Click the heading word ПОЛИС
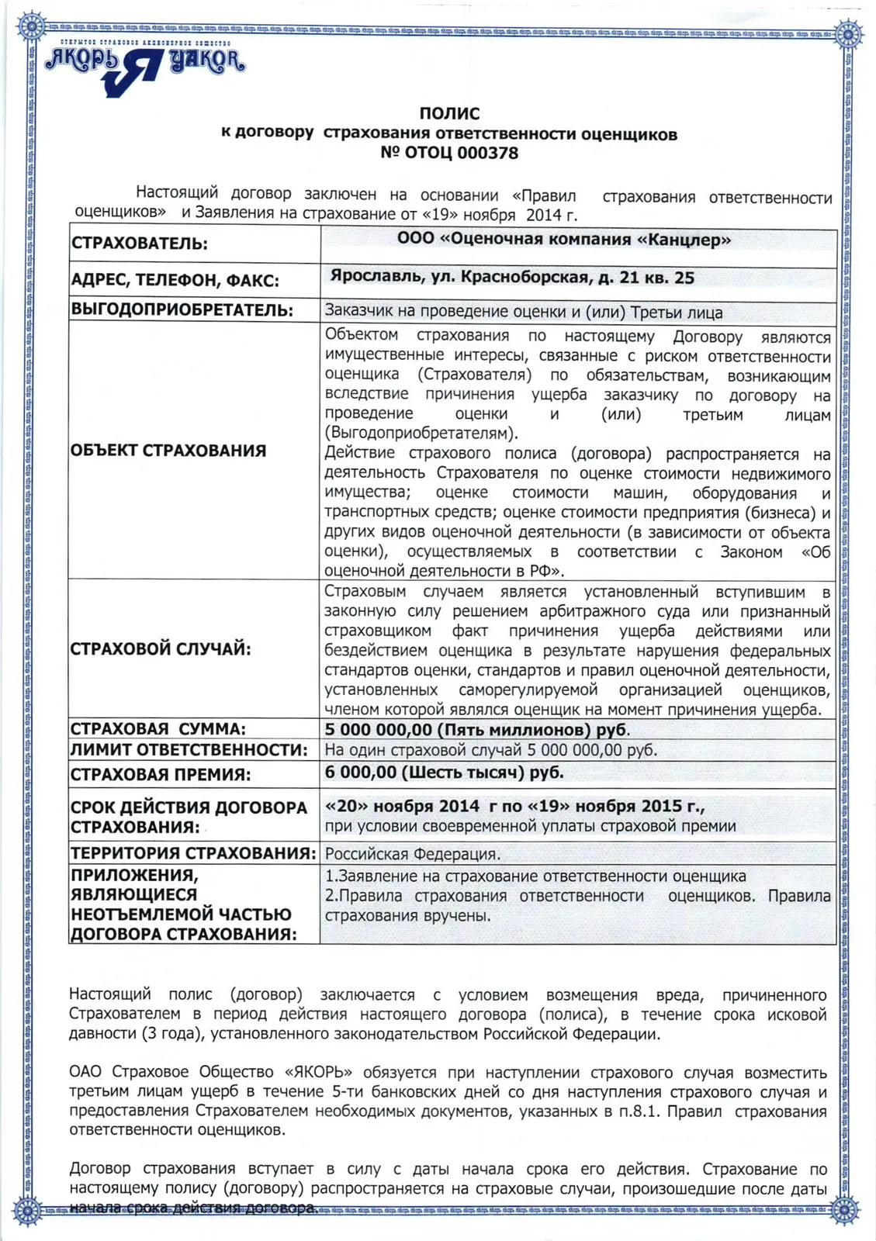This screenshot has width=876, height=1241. (x=449, y=114)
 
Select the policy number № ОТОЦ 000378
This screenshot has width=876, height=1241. (x=449, y=153)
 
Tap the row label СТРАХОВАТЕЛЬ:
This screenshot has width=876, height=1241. (x=140, y=244)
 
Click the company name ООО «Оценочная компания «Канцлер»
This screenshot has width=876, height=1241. (x=564, y=240)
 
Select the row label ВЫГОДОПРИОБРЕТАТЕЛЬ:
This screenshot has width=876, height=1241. (x=182, y=310)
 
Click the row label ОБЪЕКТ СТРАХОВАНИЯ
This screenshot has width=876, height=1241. (x=168, y=451)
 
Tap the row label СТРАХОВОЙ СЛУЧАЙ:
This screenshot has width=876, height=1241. (x=161, y=649)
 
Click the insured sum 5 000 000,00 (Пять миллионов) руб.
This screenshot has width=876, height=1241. (x=477, y=730)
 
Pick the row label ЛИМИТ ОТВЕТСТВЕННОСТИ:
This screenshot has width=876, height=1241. (x=189, y=750)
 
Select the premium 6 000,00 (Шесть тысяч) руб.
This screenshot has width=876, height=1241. (x=445, y=773)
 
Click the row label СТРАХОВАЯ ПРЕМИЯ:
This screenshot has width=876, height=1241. (x=161, y=774)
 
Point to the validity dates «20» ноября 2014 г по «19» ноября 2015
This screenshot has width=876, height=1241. (x=514, y=807)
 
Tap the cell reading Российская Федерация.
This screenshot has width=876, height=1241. (x=412, y=854)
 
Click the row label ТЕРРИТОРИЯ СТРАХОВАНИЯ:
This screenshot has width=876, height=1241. (x=193, y=853)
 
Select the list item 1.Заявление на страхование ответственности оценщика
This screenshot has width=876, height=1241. (x=535, y=876)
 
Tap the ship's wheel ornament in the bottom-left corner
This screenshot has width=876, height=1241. (x=28, y=1210)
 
